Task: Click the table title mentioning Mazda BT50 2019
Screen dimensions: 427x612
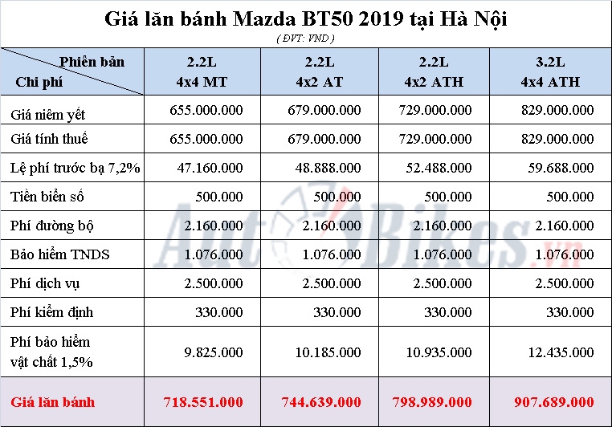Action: tap(306, 18)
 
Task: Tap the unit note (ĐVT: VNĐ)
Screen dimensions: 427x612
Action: tap(305, 37)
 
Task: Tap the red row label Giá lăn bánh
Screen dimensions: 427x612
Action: tap(53, 401)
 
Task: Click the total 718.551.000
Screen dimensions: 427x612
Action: tap(202, 401)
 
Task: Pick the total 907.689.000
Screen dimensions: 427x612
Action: tap(553, 401)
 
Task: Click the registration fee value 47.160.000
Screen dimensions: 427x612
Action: tap(208, 168)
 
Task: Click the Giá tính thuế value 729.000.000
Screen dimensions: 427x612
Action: tap(436, 139)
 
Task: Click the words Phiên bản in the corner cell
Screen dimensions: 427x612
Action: tap(92, 62)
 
